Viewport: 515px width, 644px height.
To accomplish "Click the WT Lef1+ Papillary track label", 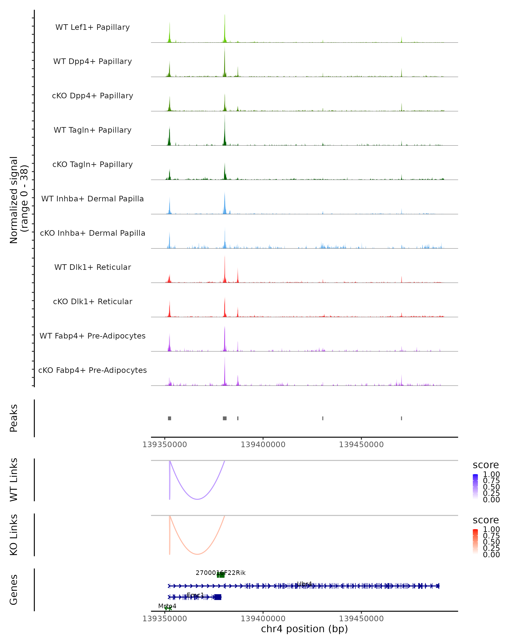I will click(x=92, y=27).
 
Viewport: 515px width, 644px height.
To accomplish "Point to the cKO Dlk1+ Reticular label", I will click(x=92, y=301).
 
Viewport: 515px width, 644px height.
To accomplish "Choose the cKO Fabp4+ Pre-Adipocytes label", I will click(x=92, y=370).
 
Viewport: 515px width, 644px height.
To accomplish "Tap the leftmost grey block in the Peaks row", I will click(x=170, y=418).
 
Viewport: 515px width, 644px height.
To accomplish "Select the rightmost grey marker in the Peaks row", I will click(x=401, y=418).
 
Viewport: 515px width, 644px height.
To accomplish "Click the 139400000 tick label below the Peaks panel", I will click(x=263, y=445).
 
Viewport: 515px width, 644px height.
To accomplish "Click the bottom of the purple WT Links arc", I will click(x=197, y=499).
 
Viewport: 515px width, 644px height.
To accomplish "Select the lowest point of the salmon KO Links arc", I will click(x=197, y=554).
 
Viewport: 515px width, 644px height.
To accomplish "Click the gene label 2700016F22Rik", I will click(x=221, y=573).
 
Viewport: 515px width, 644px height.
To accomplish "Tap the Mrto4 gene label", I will click(x=167, y=606).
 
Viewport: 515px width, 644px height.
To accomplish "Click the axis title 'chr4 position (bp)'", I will click(x=304, y=629).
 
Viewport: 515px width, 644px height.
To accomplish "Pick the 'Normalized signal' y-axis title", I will click(x=14, y=200).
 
